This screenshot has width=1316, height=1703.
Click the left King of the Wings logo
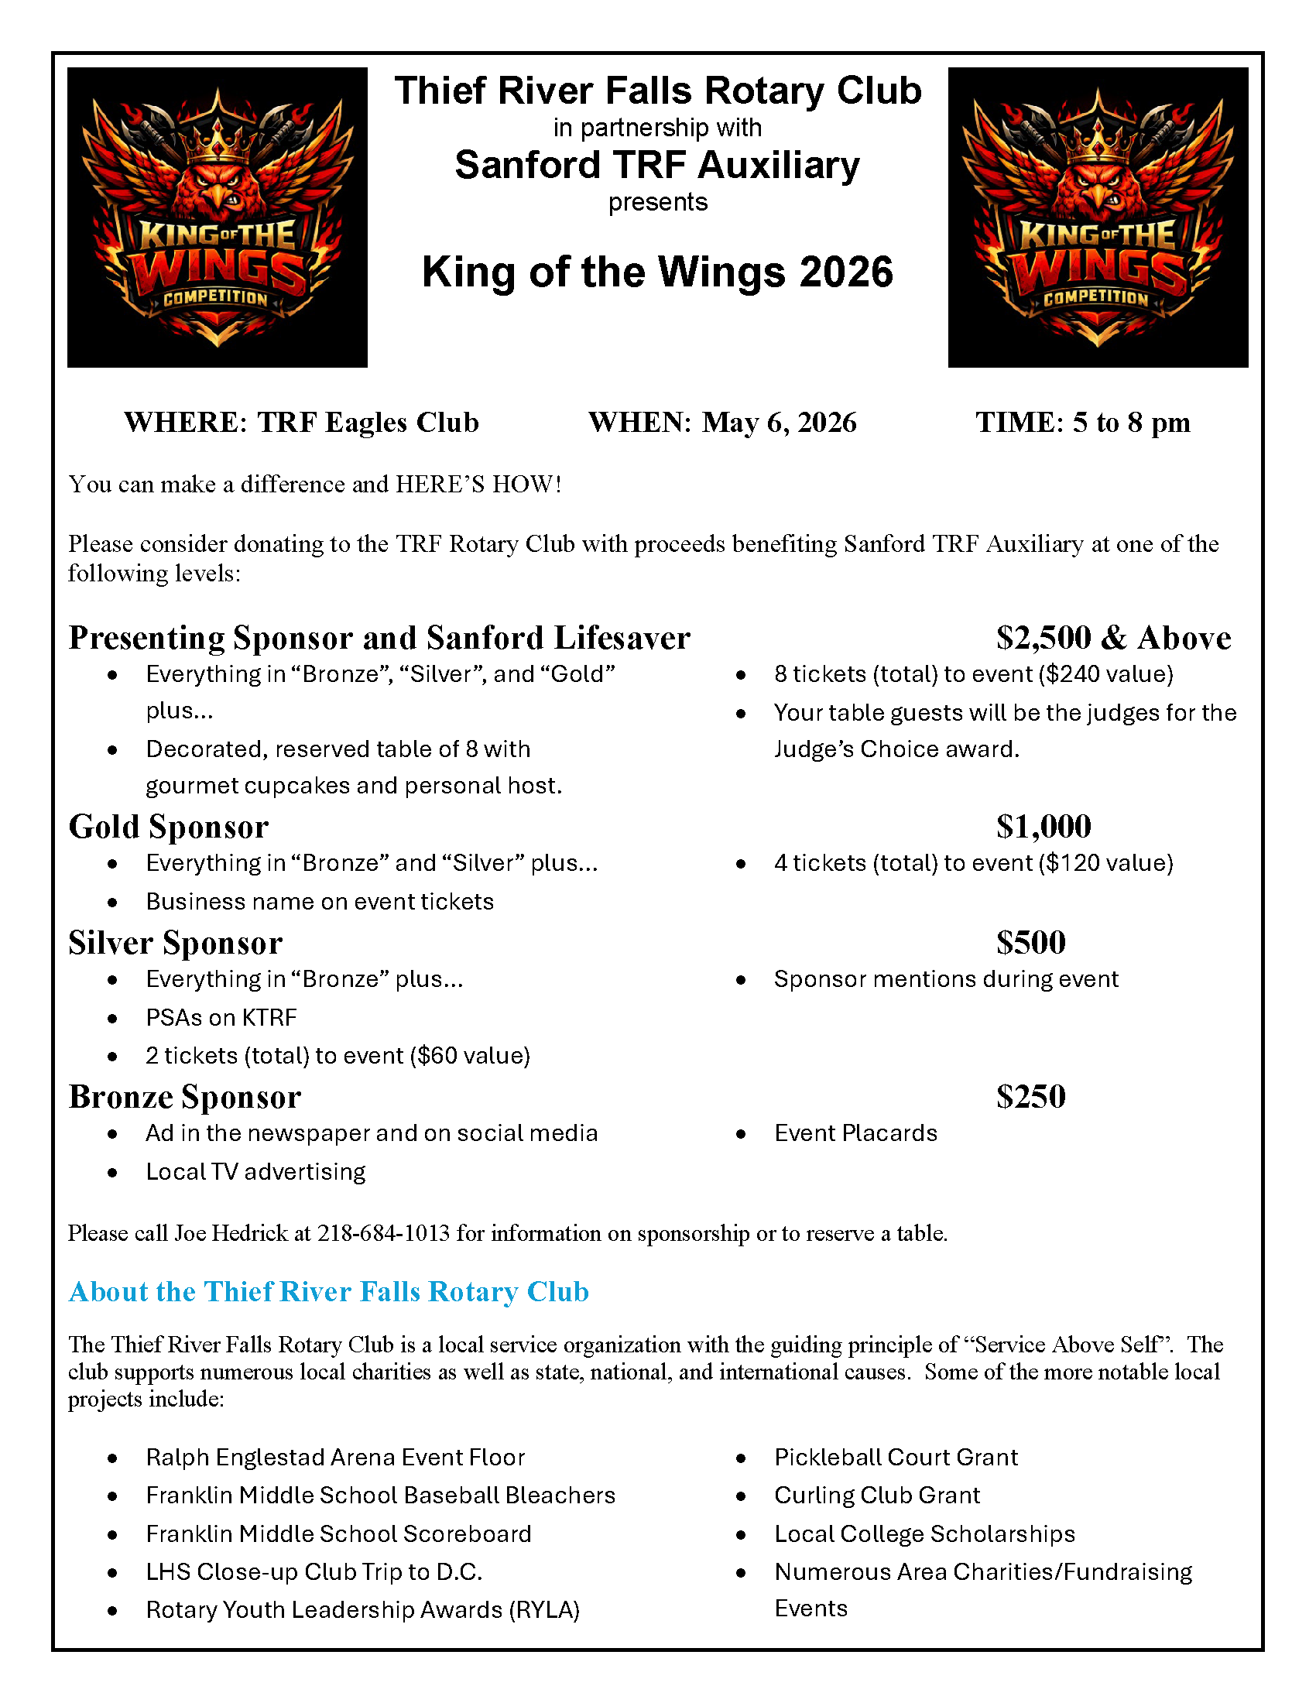(217, 217)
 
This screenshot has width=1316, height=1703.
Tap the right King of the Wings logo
(1097, 217)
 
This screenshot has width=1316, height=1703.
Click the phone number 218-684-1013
(382, 1233)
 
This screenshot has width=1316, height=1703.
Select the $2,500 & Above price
(1112, 638)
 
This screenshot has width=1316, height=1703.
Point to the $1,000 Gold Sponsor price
(1044, 827)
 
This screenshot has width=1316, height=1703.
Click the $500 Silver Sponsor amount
(1030, 943)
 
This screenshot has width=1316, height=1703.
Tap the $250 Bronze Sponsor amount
(1030, 1097)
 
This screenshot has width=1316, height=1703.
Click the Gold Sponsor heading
(169, 827)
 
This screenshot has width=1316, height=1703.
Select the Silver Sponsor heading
(175, 943)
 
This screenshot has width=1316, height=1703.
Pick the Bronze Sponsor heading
(184, 1097)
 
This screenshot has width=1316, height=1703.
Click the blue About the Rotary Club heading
(328, 1292)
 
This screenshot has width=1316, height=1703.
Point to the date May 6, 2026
(778, 423)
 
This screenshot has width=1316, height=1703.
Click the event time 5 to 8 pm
(1130, 423)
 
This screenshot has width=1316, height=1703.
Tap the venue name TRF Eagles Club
(368, 423)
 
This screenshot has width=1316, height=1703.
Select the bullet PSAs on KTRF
(221, 1018)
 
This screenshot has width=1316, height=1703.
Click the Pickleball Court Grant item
(896, 1458)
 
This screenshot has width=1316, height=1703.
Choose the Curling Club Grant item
(876, 1496)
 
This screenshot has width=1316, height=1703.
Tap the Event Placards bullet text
(855, 1133)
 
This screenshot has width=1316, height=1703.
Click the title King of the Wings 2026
(657, 272)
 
